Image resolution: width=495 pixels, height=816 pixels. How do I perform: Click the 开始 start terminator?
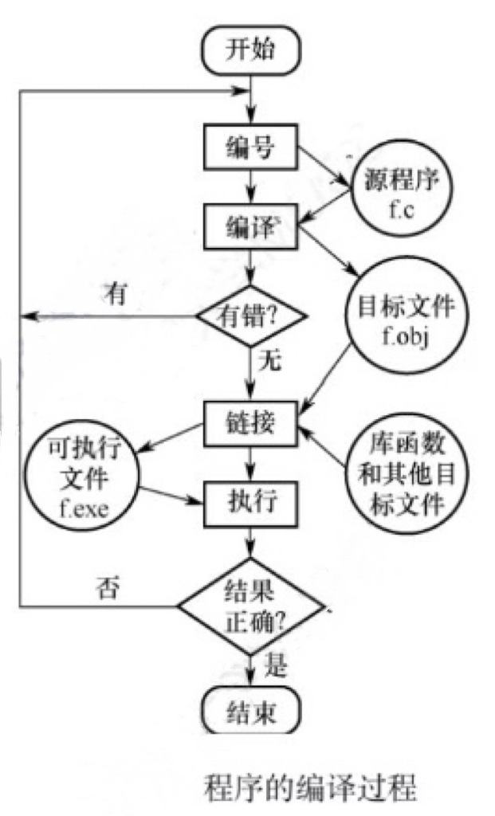pyautogui.click(x=251, y=49)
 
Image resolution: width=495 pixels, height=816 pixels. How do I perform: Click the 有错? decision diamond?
pyautogui.click(x=251, y=316)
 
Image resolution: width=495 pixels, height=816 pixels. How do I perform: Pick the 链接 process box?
pyautogui.click(x=251, y=422)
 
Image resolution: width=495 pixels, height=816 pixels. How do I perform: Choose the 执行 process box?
pyautogui.click(x=251, y=502)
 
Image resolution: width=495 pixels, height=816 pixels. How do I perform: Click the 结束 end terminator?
pyautogui.click(x=251, y=708)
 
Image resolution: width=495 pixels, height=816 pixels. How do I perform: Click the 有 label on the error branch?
pyautogui.click(x=114, y=292)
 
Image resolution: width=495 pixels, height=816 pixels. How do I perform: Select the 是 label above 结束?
pyautogui.click(x=275, y=667)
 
